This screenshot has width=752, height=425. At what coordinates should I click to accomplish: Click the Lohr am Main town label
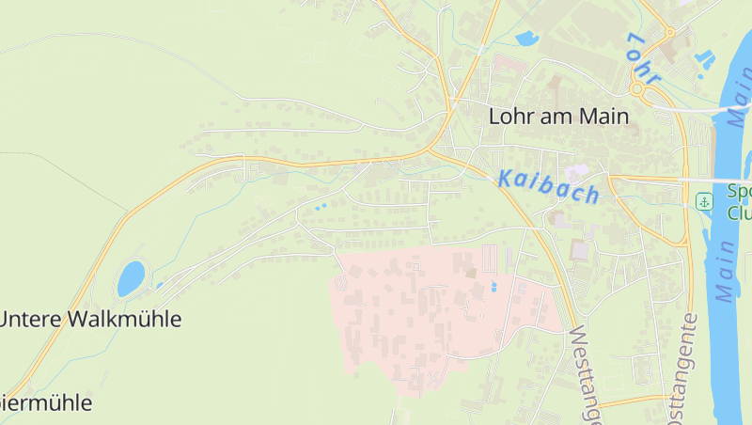(558, 116)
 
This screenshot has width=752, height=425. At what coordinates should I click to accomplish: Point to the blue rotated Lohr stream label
(644, 59)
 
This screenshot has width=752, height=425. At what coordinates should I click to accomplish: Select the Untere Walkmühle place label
(90, 319)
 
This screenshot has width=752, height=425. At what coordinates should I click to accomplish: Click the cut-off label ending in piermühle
(47, 403)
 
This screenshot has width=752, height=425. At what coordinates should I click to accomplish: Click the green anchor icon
(703, 201)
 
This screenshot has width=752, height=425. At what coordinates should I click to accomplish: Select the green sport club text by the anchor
(739, 202)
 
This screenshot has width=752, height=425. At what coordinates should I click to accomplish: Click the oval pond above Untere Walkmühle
(131, 278)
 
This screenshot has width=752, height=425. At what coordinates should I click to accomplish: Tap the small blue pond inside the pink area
(494, 287)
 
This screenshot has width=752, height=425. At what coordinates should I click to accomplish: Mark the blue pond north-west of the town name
(525, 39)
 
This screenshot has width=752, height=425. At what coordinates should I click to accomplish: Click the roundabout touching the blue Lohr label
(640, 89)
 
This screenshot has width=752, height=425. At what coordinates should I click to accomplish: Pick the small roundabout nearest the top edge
(670, 32)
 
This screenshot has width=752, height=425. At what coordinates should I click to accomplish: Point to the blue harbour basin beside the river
(704, 59)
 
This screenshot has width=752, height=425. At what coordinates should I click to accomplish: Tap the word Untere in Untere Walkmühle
(31, 319)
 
